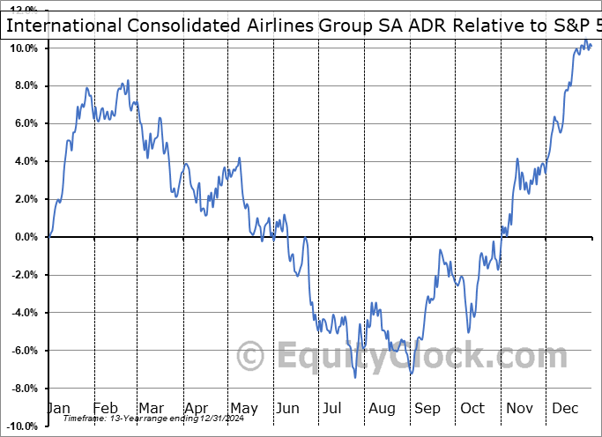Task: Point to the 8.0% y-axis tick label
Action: (24, 85)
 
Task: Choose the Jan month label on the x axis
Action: (58, 409)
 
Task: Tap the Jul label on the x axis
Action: (332, 409)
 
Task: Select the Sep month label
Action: (427, 409)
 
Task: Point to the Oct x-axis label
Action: (472, 409)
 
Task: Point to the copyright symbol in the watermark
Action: (252, 356)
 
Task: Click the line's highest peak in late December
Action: (586, 41)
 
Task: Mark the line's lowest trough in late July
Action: (355, 377)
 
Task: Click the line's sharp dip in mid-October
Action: (469, 332)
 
